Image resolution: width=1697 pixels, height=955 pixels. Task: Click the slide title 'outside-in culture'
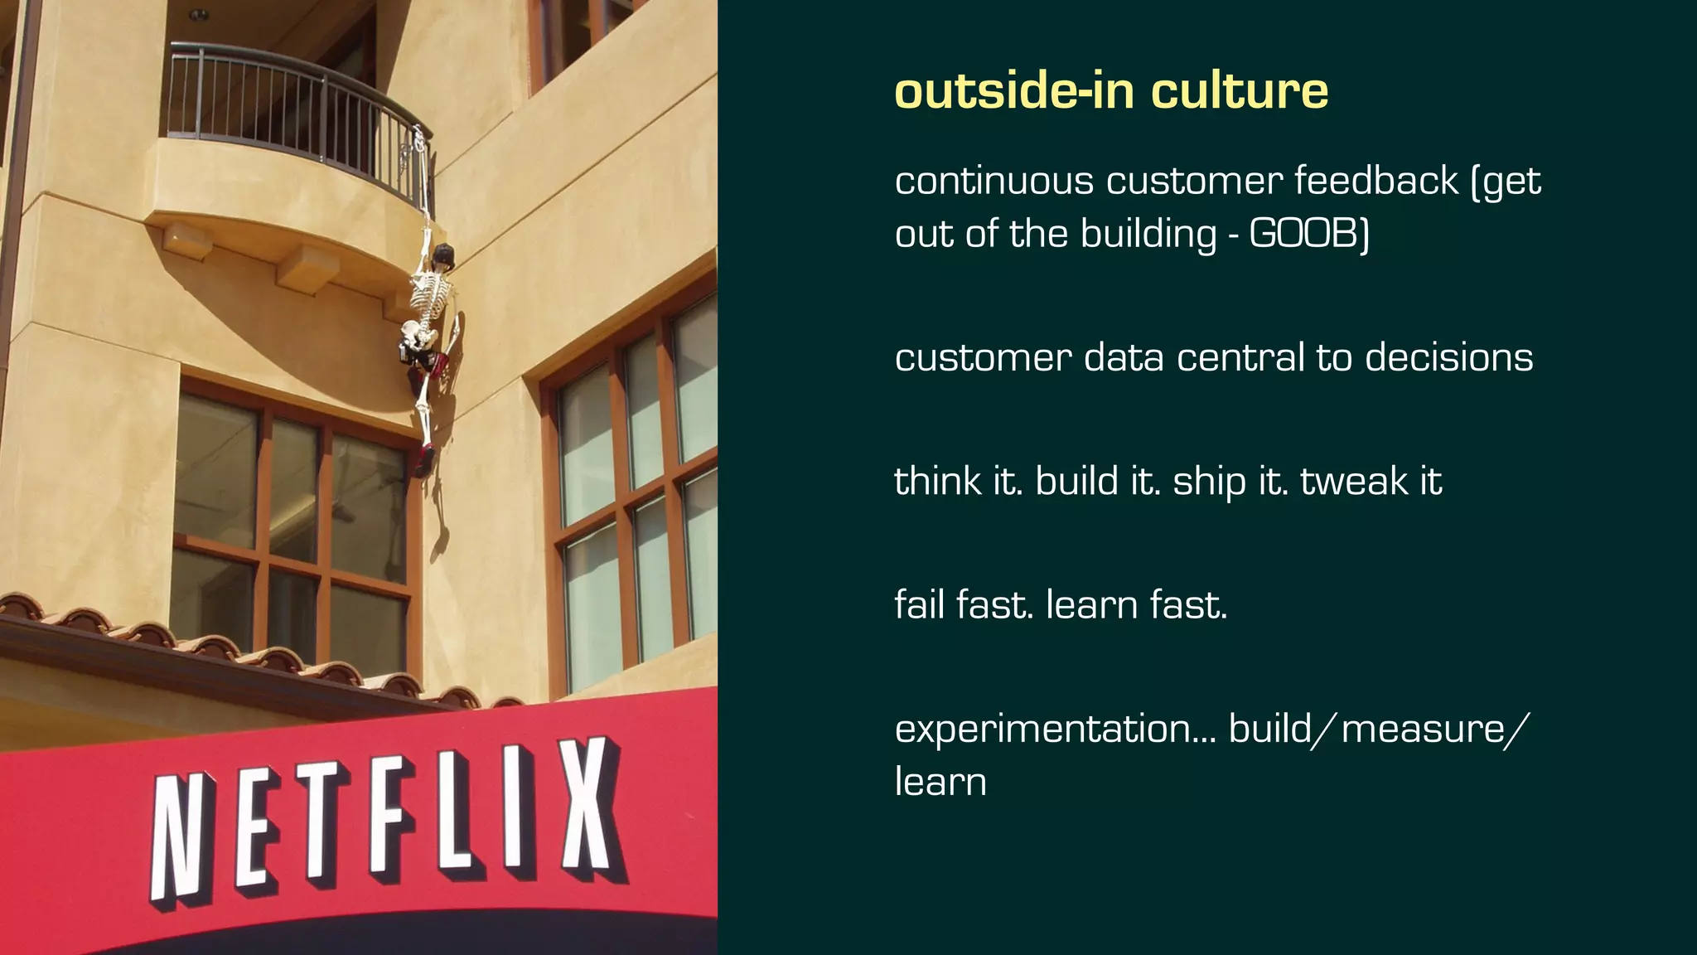pyautogui.click(x=1111, y=90)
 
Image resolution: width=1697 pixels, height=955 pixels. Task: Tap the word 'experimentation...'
pyautogui.click(x=1055, y=730)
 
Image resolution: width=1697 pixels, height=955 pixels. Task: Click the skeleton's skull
pyautogui.click(x=444, y=255)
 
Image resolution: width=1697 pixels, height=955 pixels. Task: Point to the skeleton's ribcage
pyautogui.click(x=432, y=298)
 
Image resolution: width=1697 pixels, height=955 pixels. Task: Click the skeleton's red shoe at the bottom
pyautogui.click(x=425, y=460)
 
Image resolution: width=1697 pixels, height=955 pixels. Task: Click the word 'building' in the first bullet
pyautogui.click(x=1149, y=234)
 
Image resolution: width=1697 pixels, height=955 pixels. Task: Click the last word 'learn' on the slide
pyautogui.click(x=940, y=782)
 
